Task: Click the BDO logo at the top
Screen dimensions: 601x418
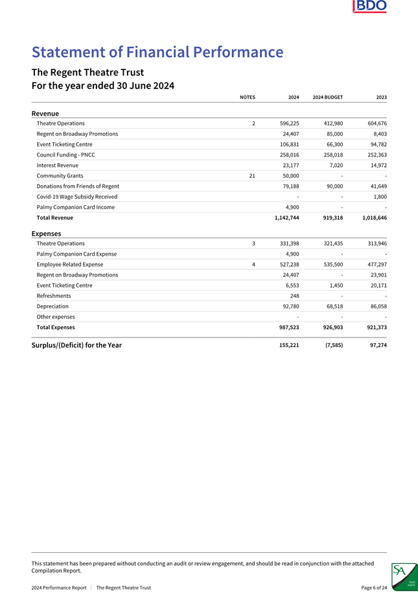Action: (370, 7)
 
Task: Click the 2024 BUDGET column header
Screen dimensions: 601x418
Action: (327, 97)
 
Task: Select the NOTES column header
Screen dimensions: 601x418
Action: (247, 97)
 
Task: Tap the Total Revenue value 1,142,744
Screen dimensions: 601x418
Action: (283, 218)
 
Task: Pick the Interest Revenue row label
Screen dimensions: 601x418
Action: (58, 166)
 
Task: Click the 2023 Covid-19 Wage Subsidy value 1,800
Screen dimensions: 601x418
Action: (380, 197)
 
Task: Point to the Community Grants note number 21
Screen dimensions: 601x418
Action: (252, 176)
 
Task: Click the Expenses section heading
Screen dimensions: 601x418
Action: (46, 234)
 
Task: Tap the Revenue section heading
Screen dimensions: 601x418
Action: (45, 114)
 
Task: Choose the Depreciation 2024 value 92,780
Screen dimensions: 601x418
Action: (287, 306)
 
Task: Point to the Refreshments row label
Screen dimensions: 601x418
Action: (54, 296)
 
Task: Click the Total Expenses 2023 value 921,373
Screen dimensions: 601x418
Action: (374, 328)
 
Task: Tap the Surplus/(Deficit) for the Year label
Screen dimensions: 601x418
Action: (76, 345)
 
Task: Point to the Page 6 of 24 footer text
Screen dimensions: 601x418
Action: (374, 588)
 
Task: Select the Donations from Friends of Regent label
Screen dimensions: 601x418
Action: (78, 186)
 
